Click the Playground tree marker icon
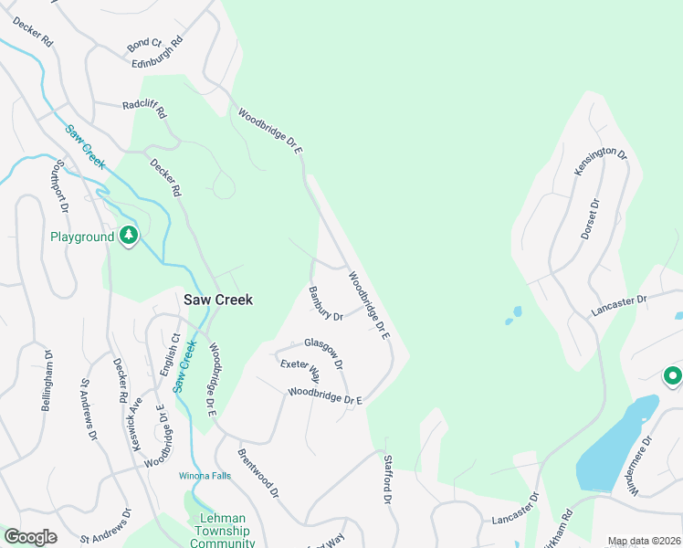coord(130,236)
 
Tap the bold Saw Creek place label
coord(217,299)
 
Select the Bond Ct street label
coord(144,43)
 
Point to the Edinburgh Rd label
coord(158,52)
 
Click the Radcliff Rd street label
coord(145,109)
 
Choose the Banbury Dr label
coord(325,304)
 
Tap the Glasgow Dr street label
coord(324,352)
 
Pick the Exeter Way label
coord(300,370)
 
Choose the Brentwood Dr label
coord(257,472)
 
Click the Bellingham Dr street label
coord(46,379)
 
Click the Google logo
coord(31,537)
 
